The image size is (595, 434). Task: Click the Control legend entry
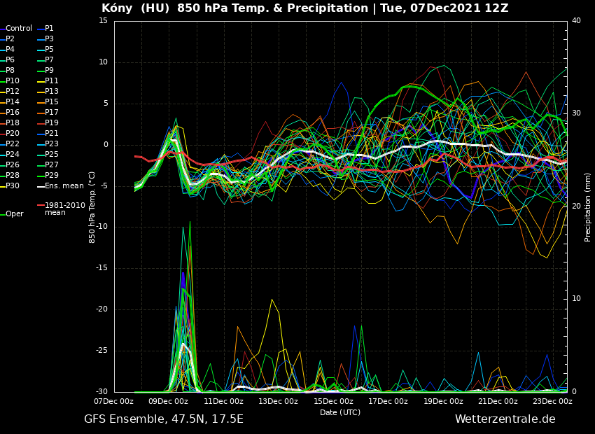tap(19, 29)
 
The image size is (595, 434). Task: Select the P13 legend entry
tap(52, 92)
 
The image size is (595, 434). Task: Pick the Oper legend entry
tap(15, 214)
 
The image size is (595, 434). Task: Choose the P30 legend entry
tap(13, 186)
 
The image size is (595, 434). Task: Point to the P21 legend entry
tap(52, 134)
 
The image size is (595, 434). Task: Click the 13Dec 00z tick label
tap(279, 402)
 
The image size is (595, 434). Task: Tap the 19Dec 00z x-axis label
tap(444, 402)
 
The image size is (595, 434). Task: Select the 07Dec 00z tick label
tap(114, 402)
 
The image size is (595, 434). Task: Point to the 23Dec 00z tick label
tap(553, 402)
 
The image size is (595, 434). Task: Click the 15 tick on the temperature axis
tap(104, 21)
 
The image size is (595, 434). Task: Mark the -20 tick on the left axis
tap(101, 309)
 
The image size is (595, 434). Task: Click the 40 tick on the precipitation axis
tap(576, 21)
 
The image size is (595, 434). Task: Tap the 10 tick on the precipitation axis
tap(576, 299)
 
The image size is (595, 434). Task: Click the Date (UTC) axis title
tap(340, 413)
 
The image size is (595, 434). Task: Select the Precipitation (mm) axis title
tap(588, 207)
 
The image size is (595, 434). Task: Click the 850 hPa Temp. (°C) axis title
tap(92, 207)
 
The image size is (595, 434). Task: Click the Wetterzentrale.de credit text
tap(505, 419)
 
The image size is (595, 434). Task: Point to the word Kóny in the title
tap(116, 8)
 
